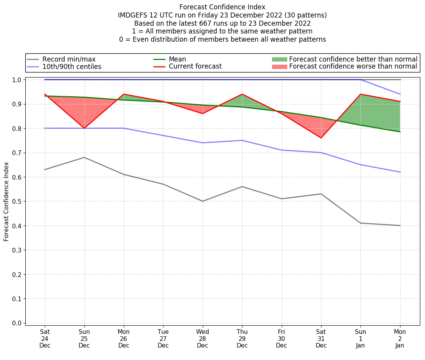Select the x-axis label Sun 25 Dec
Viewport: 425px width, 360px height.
point(84,339)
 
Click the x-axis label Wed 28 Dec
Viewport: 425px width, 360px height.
point(202,339)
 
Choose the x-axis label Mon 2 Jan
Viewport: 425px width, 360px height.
point(400,339)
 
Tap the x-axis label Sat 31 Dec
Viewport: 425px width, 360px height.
point(321,339)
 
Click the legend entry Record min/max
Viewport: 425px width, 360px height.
point(68,59)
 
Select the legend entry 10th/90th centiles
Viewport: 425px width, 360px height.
point(72,67)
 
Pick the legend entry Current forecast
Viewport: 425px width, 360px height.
point(195,67)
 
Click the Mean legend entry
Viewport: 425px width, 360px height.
point(177,59)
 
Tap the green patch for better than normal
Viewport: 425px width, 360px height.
point(279,59)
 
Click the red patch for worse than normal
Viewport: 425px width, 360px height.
point(279,67)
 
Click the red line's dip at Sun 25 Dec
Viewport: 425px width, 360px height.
point(84,128)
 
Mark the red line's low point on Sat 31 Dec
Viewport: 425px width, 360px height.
point(321,138)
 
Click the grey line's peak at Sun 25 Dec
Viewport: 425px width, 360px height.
point(84,157)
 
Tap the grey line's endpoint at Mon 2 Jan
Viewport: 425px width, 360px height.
point(400,226)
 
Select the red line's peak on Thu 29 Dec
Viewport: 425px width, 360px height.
point(242,94)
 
